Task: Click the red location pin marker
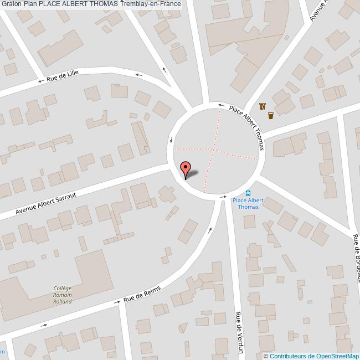186,168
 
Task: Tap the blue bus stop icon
248,193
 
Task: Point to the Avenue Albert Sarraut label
45,203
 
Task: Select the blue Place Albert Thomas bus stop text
248,203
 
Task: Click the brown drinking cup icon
271,116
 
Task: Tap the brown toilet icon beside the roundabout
262,106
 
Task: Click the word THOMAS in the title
101,5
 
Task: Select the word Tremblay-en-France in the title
150,5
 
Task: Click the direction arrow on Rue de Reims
117,302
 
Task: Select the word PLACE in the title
49,5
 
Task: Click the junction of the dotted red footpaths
213,148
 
